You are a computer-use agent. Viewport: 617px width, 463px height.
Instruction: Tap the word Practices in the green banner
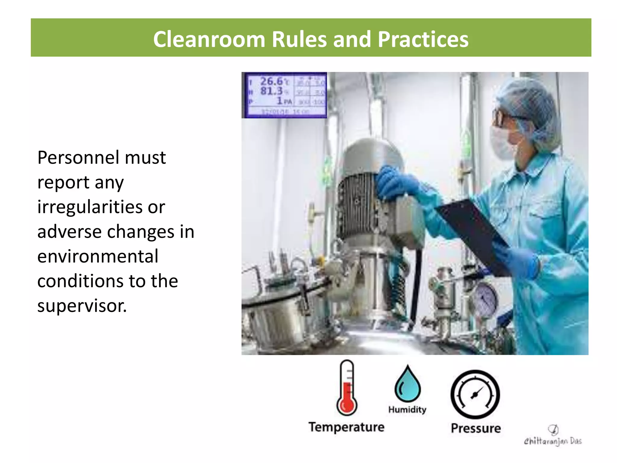423,39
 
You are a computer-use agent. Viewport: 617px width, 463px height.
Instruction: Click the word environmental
98,257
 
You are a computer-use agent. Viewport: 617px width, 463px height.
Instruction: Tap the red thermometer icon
347,389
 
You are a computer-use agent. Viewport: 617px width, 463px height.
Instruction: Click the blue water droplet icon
408,384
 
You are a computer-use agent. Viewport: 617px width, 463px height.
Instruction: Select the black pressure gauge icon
475,394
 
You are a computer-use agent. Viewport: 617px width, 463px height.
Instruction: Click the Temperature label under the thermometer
346,427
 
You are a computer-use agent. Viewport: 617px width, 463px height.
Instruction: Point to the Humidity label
407,410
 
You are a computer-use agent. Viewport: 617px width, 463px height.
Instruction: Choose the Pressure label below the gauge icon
476,428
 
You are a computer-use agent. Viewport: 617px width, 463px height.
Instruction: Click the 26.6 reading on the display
271,81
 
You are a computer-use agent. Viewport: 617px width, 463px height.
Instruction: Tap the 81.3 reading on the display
271,91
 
